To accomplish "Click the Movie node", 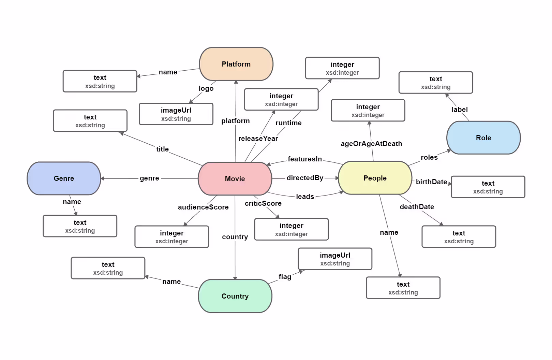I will (x=235, y=178).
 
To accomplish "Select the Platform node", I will (x=236, y=64).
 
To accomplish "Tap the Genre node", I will (x=64, y=178).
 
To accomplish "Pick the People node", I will (x=375, y=178).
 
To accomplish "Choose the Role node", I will (x=483, y=138).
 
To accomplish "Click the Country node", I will (x=235, y=296).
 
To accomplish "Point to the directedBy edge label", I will (x=305, y=178).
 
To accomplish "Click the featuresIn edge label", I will (x=304, y=159).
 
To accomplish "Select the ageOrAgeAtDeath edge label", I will (x=371, y=144).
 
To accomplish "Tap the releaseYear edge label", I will (x=258, y=139).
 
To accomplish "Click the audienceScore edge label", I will (x=203, y=207).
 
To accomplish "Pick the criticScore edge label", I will (x=263, y=203).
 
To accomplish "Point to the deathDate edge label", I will (x=417, y=207).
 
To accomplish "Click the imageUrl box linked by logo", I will (x=176, y=114).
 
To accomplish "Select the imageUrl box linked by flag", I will (x=335, y=259).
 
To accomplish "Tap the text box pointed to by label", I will (x=435, y=83).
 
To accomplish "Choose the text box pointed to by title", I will (x=90, y=121).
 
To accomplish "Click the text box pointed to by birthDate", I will (x=488, y=187).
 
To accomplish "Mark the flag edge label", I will (x=285, y=277).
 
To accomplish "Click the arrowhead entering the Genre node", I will (x=102, y=178).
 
